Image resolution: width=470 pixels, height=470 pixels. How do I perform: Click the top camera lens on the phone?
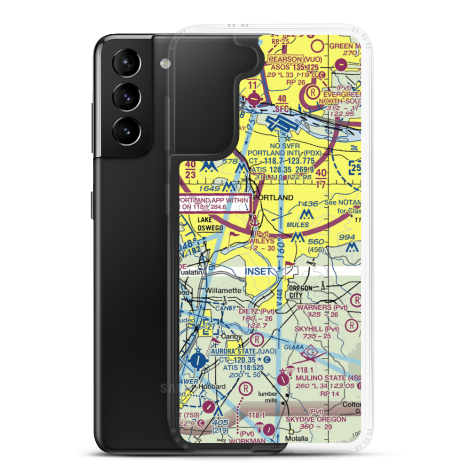click(x=125, y=63)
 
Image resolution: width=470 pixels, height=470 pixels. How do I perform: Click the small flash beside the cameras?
click(x=164, y=63)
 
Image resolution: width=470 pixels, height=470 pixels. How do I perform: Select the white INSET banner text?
click(x=258, y=272)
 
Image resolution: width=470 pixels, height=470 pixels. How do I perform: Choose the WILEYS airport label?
click(x=262, y=241)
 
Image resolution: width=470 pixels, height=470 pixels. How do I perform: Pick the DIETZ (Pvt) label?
click(x=256, y=311)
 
